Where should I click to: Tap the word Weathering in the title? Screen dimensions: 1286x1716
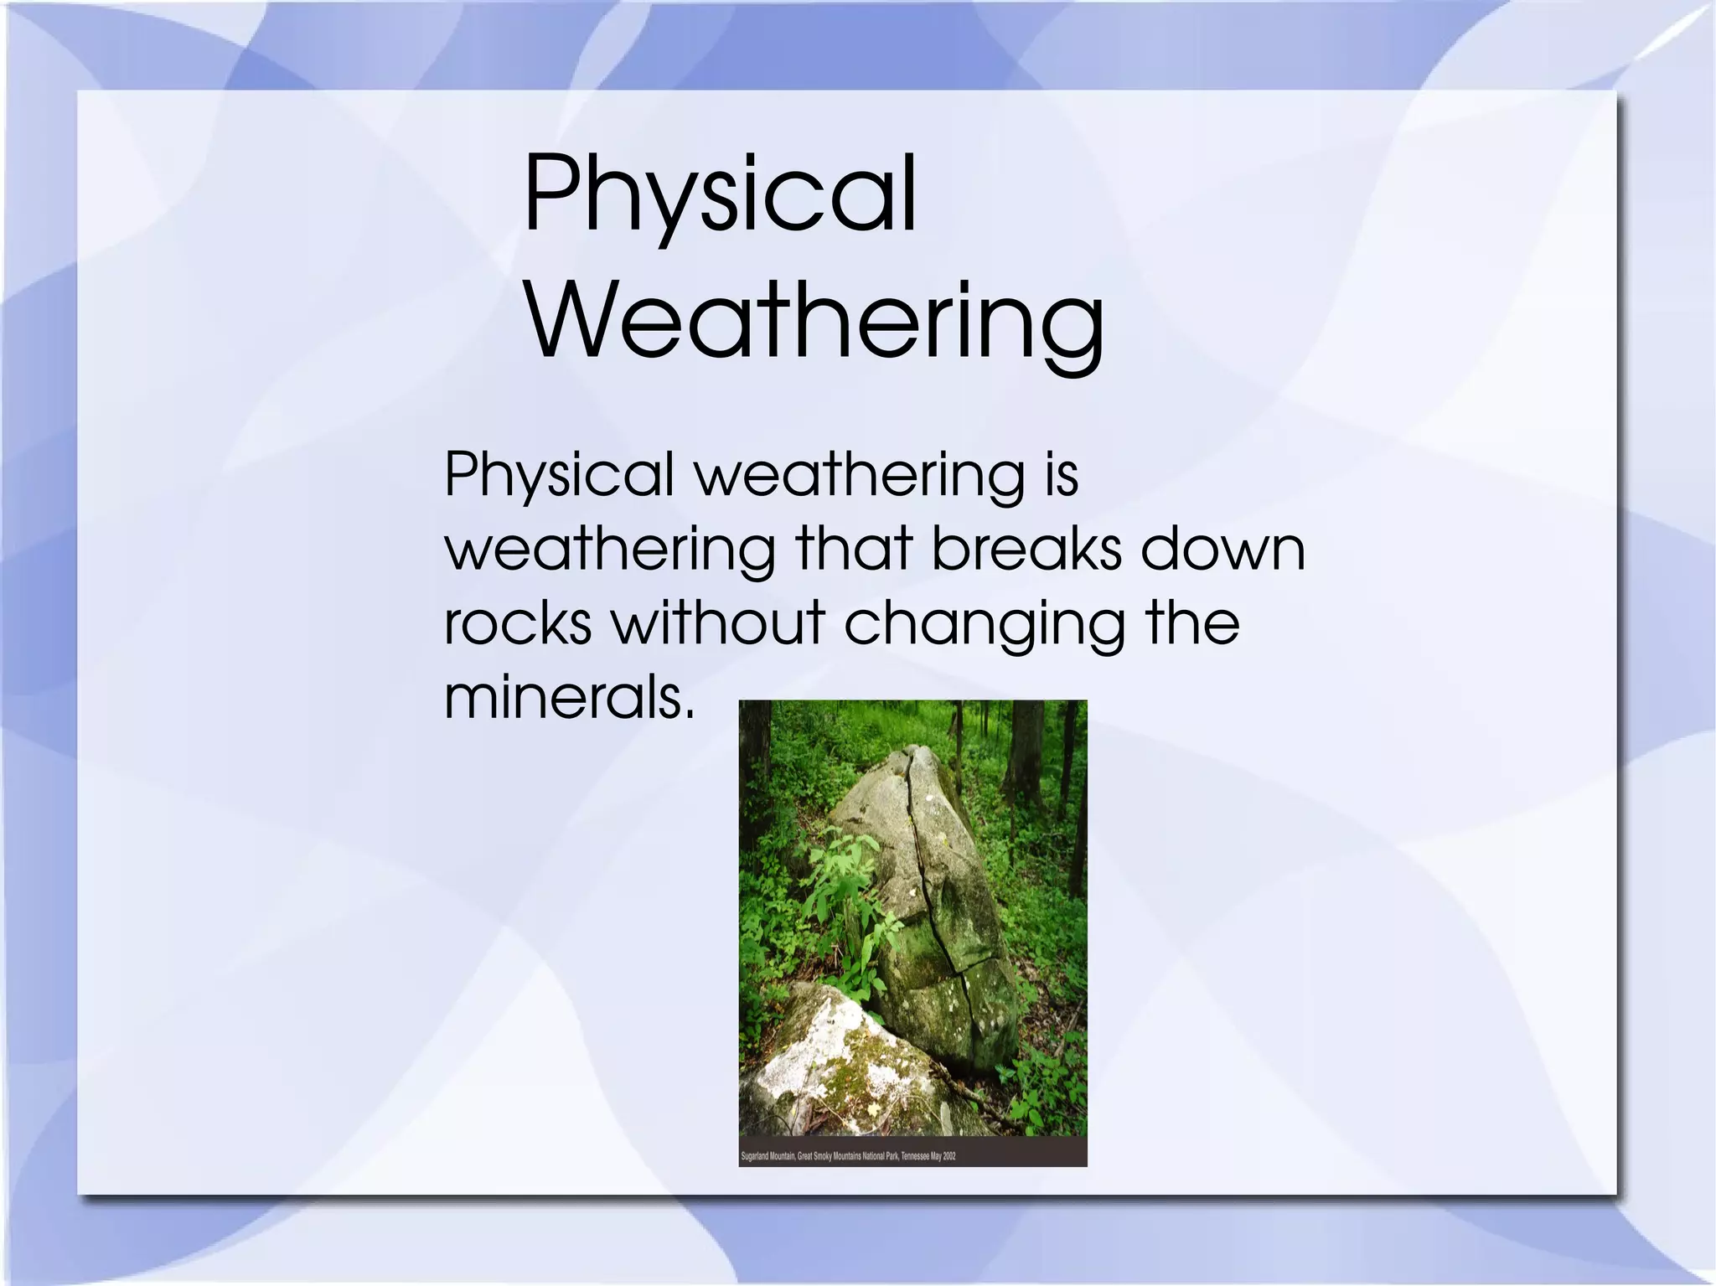(814, 323)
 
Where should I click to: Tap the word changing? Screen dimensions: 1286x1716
(984, 624)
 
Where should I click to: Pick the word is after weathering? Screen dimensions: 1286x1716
(1061, 475)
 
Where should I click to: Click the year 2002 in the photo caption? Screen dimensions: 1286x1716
(949, 1156)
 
